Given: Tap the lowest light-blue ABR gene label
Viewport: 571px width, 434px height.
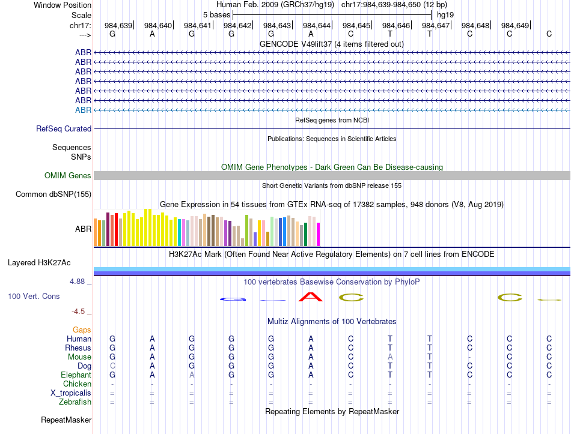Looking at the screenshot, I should (x=83, y=110).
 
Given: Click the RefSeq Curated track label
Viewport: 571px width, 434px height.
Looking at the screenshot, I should (x=64, y=128).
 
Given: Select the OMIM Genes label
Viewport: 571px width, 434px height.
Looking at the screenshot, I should (x=68, y=175).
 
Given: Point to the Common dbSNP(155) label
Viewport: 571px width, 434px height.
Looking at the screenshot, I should (x=53, y=194).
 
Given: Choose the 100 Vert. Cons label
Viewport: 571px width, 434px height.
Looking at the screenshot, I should (x=34, y=296).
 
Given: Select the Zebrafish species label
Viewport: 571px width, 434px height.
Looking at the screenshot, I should (x=75, y=402).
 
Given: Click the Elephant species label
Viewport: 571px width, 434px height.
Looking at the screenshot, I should (x=75, y=375).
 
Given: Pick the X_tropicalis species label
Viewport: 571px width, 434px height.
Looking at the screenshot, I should (x=71, y=393).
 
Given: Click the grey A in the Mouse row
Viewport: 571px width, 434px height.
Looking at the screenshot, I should (x=390, y=357).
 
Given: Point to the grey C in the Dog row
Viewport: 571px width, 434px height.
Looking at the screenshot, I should (x=112, y=366).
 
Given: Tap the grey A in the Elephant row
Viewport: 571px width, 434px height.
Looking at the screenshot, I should (x=192, y=375).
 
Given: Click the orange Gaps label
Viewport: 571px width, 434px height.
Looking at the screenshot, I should (x=82, y=330).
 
